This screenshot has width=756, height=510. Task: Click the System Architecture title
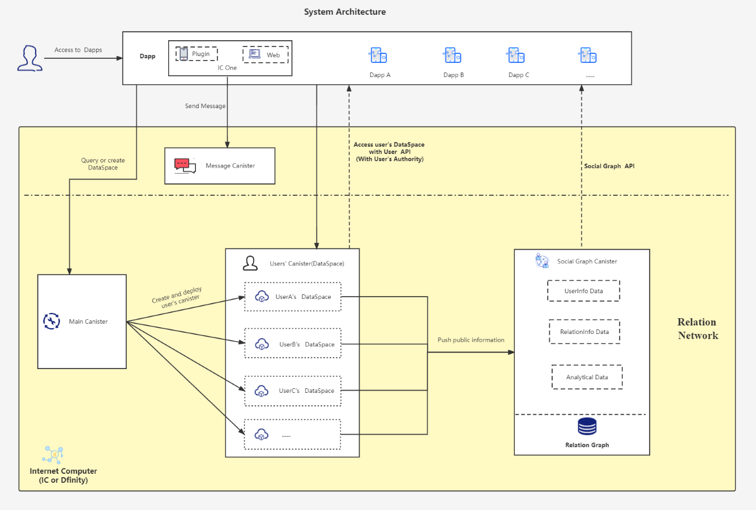point(344,12)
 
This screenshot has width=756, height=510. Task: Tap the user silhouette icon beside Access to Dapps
point(30,58)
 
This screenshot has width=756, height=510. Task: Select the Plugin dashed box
point(197,54)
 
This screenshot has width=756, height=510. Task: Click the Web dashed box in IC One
point(266,55)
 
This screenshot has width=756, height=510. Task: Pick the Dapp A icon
point(378,55)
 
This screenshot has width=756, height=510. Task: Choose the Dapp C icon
point(516,55)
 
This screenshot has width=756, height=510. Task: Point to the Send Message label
point(205,106)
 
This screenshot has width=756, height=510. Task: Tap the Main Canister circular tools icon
point(52,321)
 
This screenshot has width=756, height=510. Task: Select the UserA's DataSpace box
point(293,297)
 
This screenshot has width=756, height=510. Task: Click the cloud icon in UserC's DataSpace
point(262,391)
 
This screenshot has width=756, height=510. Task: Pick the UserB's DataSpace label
point(307,344)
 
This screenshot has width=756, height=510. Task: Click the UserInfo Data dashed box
point(583,291)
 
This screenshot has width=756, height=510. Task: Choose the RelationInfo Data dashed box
point(584,332)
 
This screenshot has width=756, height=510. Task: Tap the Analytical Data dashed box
point(587,377)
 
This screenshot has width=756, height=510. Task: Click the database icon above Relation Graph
point(587,426)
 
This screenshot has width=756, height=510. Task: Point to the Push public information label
point(471,340)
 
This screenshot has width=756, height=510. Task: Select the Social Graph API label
point(609,166)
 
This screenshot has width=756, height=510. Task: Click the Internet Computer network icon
point(53,455)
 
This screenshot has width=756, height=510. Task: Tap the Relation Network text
point(698,328)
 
